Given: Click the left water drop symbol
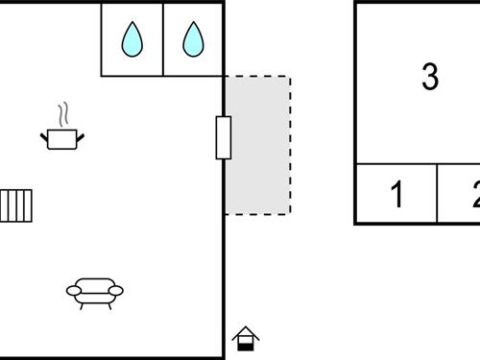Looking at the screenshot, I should tap(132, 39).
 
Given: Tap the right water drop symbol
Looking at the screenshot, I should tap(194, 39).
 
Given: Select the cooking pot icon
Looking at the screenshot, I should tap(62, 138).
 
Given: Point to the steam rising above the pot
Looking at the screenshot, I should tap(63, 115).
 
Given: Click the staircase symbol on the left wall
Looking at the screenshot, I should tap(16, 205).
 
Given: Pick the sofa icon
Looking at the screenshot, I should tap(94, 292).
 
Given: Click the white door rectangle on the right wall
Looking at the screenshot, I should tap(224, 137).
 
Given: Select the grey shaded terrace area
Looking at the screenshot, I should tap(258, 145).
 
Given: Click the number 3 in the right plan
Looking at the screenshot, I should tap(430, 77).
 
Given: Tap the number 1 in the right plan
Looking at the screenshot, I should tap(397, 195).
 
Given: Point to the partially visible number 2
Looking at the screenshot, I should tap(474, 195).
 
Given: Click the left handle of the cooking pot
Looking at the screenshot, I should tap(44, 137).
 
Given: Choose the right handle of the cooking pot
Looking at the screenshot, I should tap(81, 137).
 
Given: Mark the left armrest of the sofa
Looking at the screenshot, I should tap(72, 289).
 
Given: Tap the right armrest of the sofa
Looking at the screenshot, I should tap(117, 289).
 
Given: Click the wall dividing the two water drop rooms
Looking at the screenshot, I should tap(163, 39).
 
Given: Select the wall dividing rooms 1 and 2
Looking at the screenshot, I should tap(438, 194).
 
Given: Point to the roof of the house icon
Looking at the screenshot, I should tap(246, 330).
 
